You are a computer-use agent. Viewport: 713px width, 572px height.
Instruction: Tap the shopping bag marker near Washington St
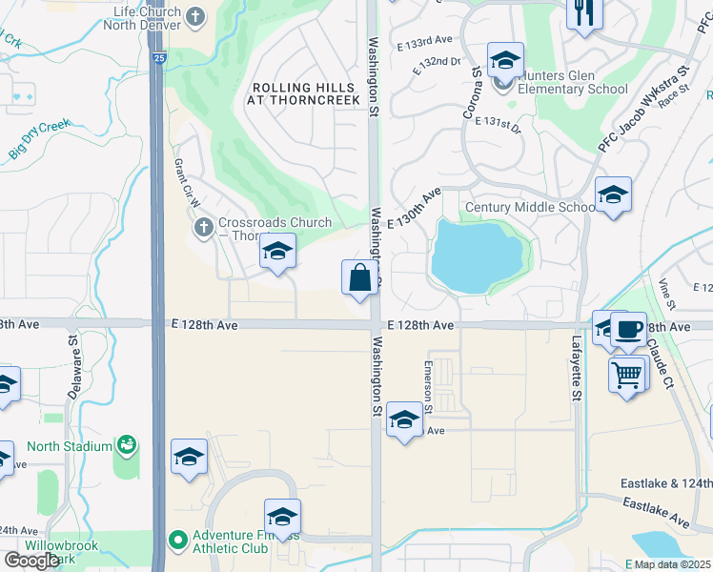(x=359, y=278)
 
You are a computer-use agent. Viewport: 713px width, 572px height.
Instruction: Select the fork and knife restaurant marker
(x=584, y=14)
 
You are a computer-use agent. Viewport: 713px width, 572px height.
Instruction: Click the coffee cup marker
(x=628, y=330)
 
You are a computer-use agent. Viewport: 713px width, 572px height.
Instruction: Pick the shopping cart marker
(x=626, y=375)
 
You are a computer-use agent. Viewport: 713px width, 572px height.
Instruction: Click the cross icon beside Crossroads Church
(x=202, y=228)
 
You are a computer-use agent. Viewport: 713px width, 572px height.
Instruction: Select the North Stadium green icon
(x=126, y=445)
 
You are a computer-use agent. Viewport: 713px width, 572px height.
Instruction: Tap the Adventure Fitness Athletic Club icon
(x=177, y=541)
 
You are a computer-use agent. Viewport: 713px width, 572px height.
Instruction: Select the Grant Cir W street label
(x=184, y=180)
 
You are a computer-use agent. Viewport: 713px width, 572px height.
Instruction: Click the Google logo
(x=31, y=561)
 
